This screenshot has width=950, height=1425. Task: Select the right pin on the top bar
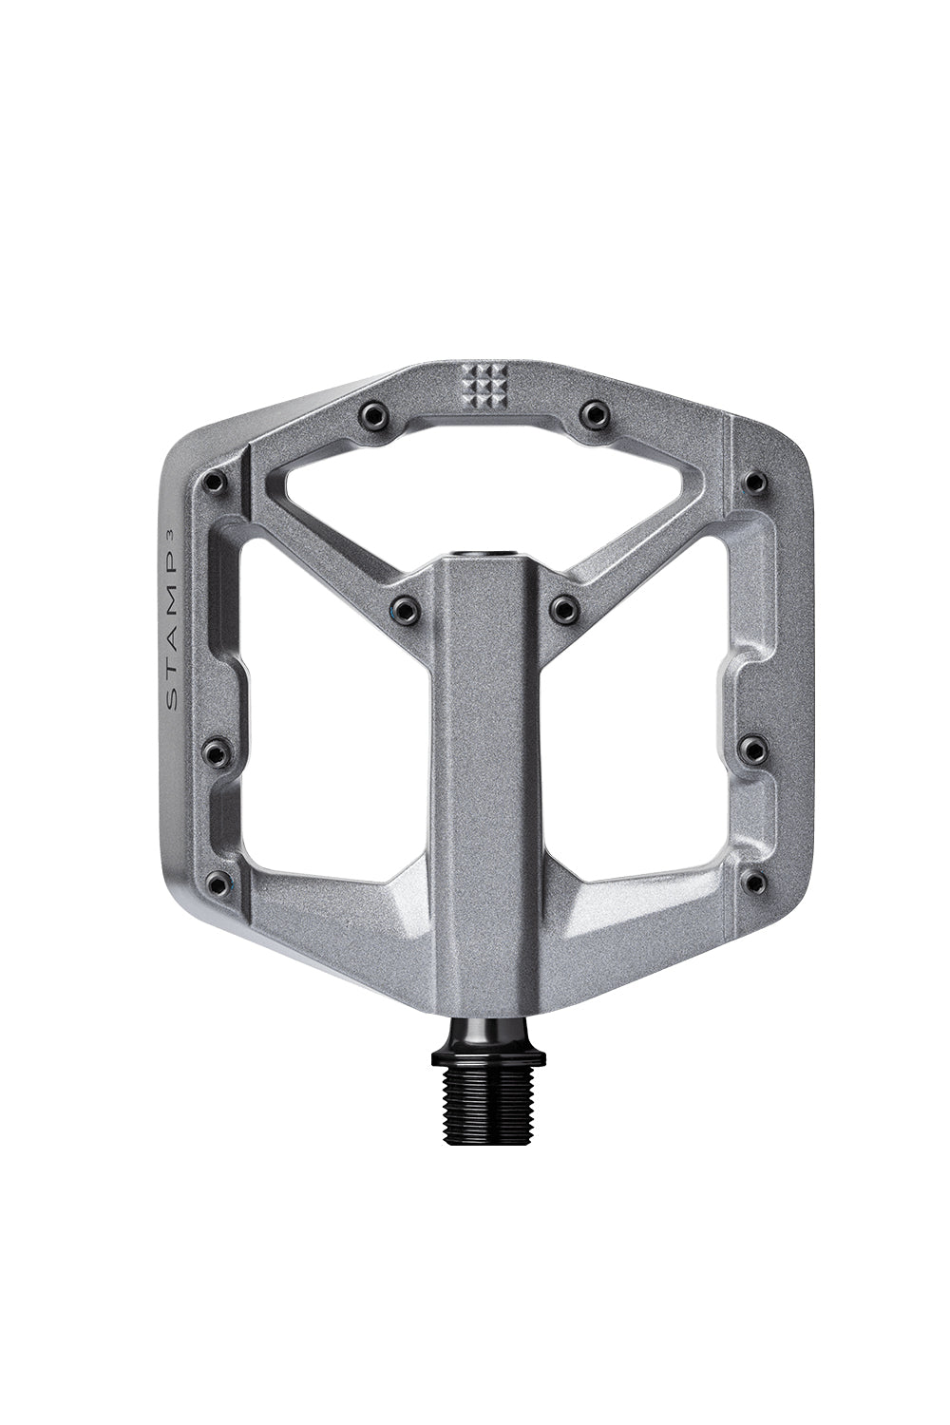click(x=594, y=413)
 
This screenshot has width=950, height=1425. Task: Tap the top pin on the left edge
click(x=215, y=483)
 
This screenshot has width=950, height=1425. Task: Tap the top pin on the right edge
click(x=754, y=482)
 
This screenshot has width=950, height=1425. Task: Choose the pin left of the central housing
click(x=406, y=606)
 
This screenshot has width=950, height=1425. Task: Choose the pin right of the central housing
click(x=565, y=606)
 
